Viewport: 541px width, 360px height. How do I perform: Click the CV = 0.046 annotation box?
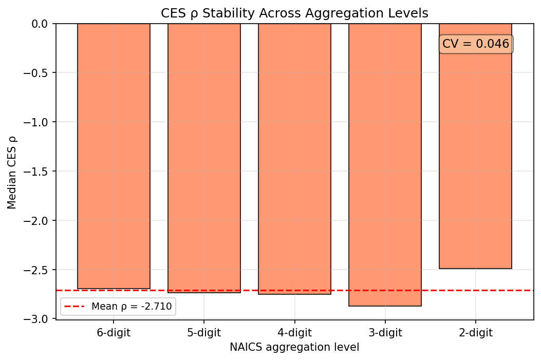click(x=475, y=44)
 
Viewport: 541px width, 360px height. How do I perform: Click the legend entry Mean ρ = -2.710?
click(x=118, y=307)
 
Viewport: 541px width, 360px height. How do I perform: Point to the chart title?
click(x=294, y=12)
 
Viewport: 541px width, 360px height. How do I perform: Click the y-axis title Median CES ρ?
click(x=12, y=172)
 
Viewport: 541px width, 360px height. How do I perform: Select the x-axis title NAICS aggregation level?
click(x=294, y=347)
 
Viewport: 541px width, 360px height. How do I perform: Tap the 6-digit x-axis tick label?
click(x=114, y=333)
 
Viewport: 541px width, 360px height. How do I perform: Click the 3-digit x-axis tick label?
click(x=385, y=333)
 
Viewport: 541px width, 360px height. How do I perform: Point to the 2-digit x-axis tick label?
click(x=475, y=333)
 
